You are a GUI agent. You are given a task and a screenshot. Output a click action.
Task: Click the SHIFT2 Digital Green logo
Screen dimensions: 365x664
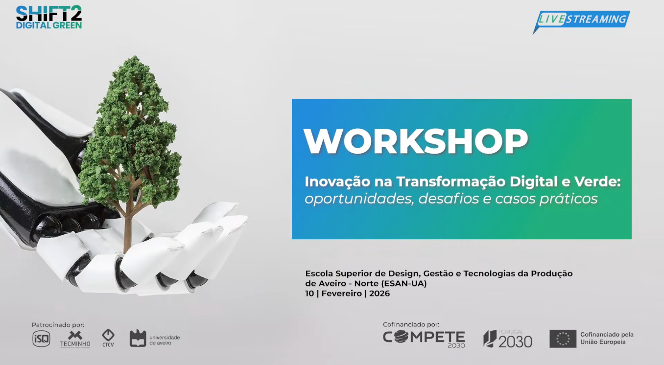tap(49, 17)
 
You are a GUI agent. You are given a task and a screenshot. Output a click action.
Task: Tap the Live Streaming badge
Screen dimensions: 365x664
tap(582, 20)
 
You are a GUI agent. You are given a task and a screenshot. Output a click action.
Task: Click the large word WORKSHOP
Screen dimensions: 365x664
tap(416, 142)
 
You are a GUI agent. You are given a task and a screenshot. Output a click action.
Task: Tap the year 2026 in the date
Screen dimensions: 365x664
tap(379, 294)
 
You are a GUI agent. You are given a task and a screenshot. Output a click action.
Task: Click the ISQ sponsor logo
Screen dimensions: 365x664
tap(41, 339)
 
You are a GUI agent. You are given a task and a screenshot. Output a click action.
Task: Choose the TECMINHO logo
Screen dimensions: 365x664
tap(75, 339)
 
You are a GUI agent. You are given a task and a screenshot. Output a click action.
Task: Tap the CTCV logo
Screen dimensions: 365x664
tap(108, 338)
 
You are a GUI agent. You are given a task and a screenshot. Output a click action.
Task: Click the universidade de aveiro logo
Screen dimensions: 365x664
tap(154, 339)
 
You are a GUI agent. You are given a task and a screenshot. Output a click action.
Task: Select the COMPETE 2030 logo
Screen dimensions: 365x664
tap(424, 339)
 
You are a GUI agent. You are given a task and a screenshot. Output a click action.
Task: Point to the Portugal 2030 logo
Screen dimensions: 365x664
tap(508, 339)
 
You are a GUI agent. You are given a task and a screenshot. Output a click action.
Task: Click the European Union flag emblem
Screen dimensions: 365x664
tap(563, 339)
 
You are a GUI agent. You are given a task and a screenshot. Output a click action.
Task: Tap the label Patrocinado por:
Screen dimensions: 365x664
tap(58, 325)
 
